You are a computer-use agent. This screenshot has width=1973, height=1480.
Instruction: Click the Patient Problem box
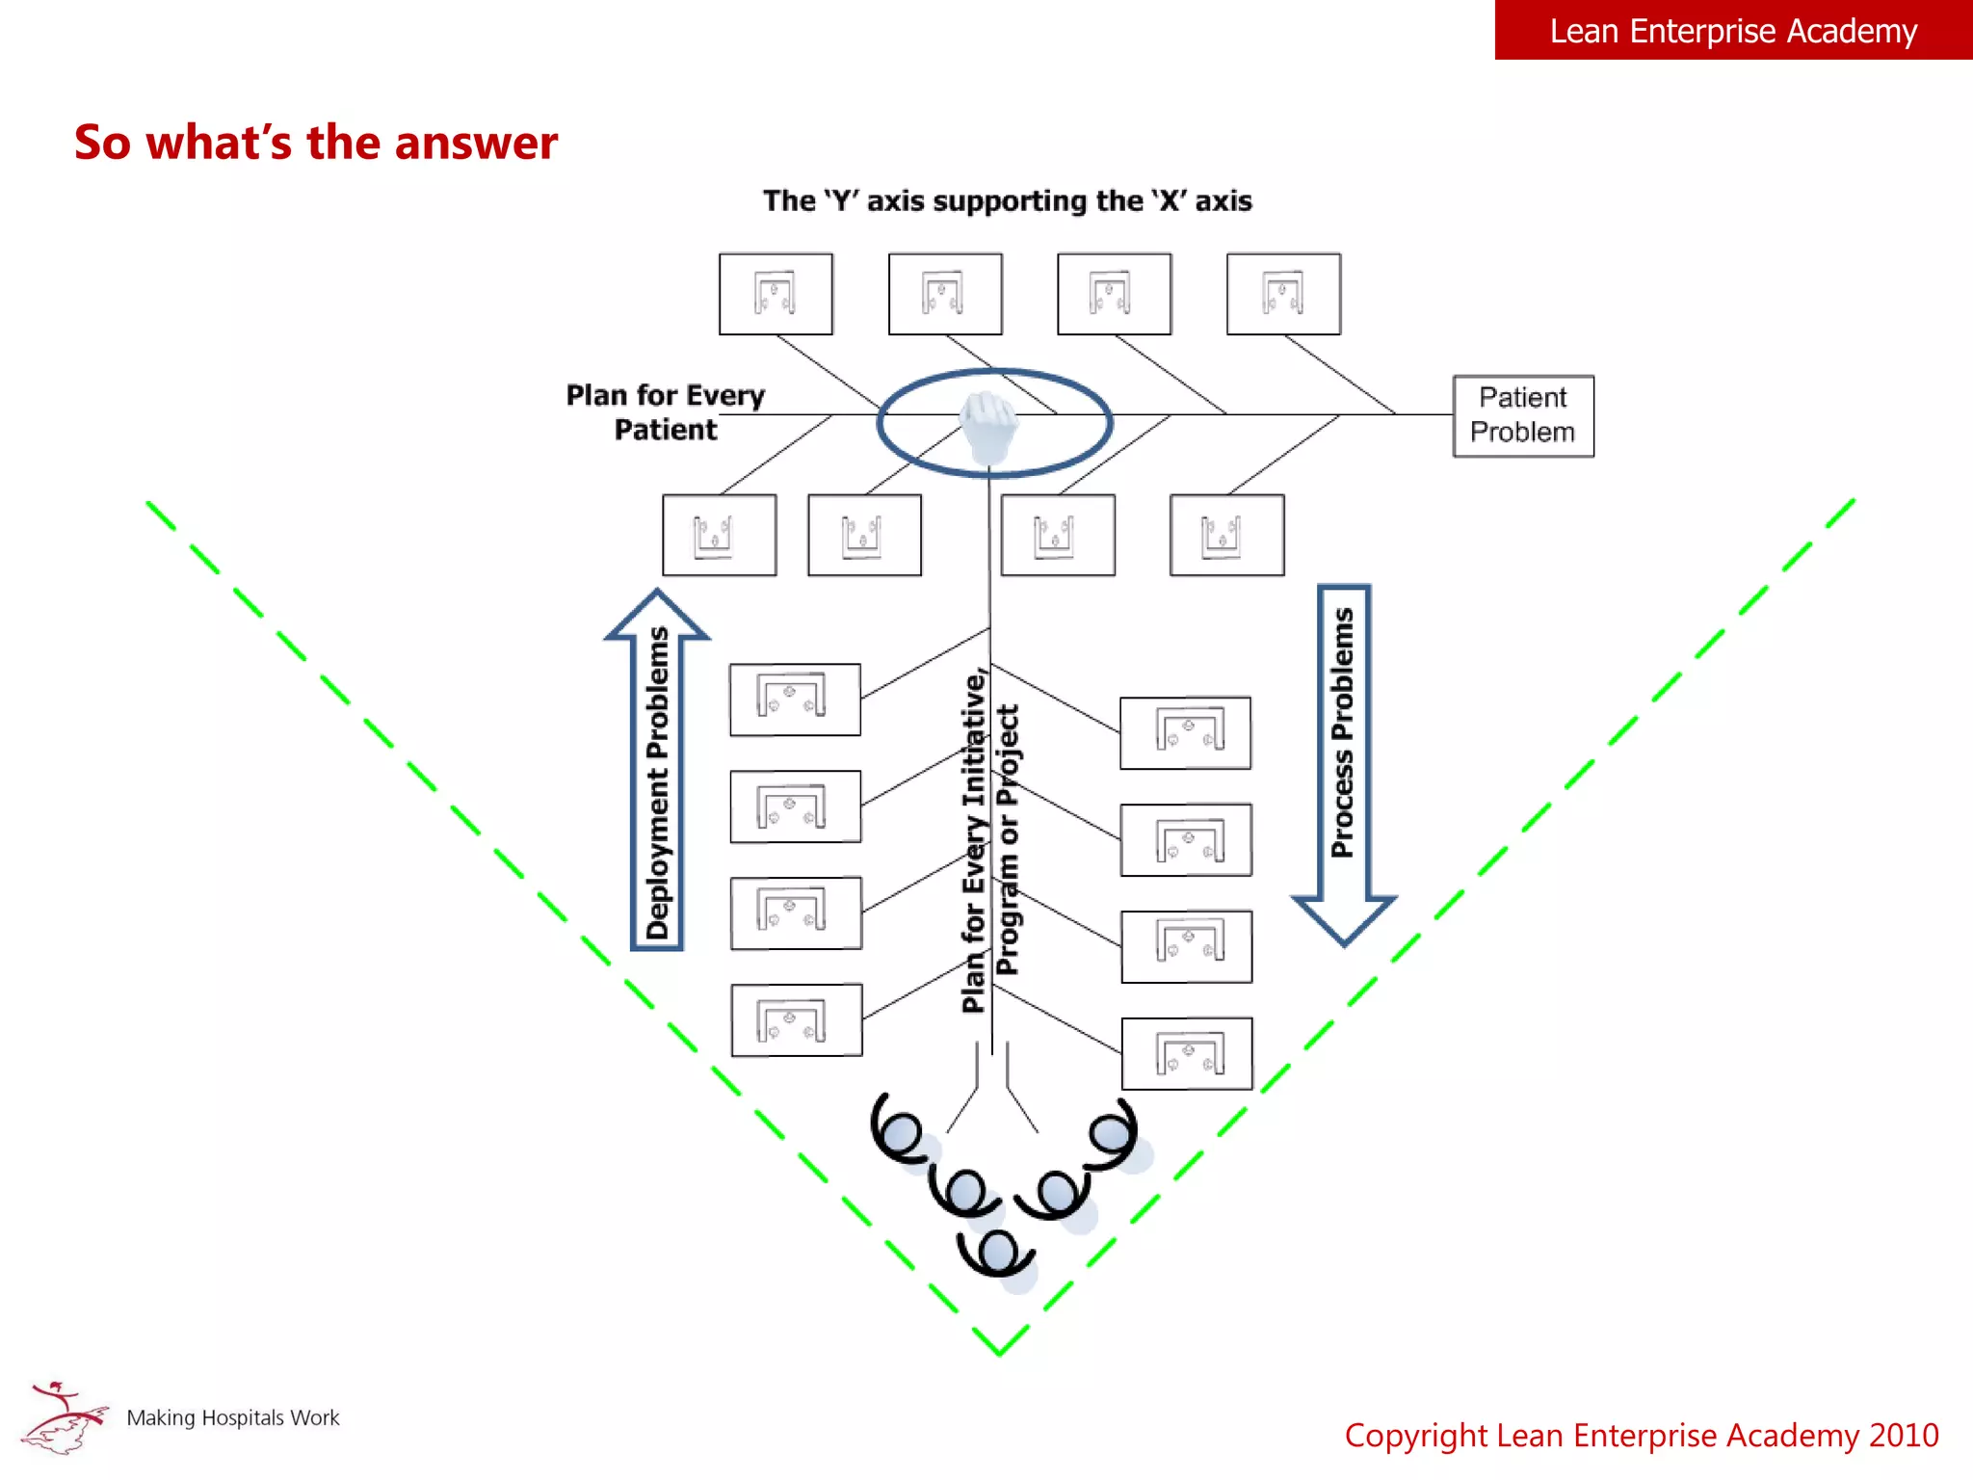tap(1522, 415)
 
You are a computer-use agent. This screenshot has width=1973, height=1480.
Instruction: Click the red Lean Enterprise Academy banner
tap(1732, 31)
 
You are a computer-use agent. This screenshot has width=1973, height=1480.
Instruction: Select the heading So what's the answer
tap(316, 143)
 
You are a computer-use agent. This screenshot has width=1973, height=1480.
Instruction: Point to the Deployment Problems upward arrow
tap(657, 771)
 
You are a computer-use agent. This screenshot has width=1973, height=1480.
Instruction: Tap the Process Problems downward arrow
tap(1343, 761)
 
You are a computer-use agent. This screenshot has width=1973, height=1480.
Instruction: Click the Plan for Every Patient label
tap(666, 412)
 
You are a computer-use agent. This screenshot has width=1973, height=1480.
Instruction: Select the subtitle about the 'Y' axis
tap(1007, 200)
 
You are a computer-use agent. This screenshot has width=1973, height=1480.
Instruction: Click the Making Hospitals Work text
tap(233, 1417)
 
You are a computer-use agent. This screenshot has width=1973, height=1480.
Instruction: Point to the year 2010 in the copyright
tap(1903, 1436)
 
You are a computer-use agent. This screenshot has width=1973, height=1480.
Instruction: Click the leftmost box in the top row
tap(776, 294)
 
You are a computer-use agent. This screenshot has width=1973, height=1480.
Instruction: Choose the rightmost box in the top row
tap(1283, 294)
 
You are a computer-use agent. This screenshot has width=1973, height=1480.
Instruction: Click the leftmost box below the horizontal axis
tap(719, 535)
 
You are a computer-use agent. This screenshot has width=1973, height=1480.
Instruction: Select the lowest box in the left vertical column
tap(796, 1020)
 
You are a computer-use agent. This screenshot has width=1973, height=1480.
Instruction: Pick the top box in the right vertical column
tap(1185, 733)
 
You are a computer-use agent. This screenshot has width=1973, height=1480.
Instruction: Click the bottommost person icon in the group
tap(997, 1253)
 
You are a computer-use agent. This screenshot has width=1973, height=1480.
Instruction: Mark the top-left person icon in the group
tap(902, 1130)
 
